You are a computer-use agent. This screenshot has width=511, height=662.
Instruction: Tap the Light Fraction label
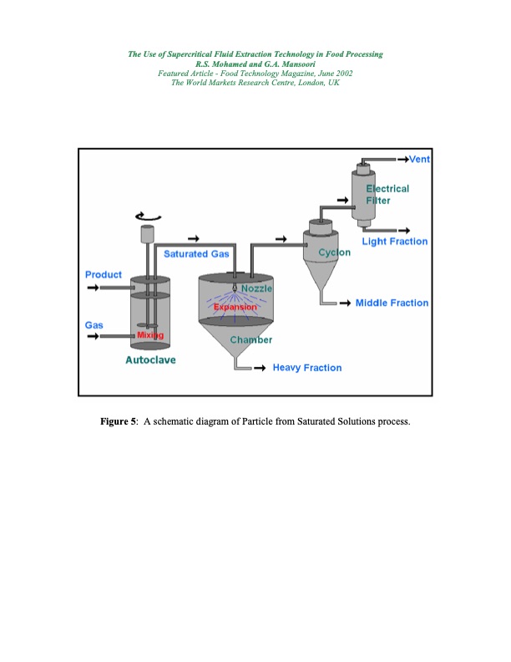[x=394, y=242]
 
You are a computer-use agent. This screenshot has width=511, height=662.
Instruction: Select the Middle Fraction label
[x=392, y=303]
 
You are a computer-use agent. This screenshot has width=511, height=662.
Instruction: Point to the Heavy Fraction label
[x=306, y=368]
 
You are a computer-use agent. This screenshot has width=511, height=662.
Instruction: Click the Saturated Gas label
[x=197, y=253]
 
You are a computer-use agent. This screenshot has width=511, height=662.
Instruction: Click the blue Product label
[x=104, y=274]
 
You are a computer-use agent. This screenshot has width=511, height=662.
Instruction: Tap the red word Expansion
[x=236, y=308]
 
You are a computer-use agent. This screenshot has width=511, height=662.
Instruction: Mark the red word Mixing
[x=150, y=335]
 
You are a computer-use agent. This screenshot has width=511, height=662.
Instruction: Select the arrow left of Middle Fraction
[x=342, y=303]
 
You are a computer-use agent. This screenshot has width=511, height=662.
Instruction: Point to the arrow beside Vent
[x=402, y=160]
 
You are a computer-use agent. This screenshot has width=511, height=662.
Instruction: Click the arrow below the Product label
[x=94, y=288]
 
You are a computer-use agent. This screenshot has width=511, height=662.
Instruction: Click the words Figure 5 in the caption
[x=119, y=420]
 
